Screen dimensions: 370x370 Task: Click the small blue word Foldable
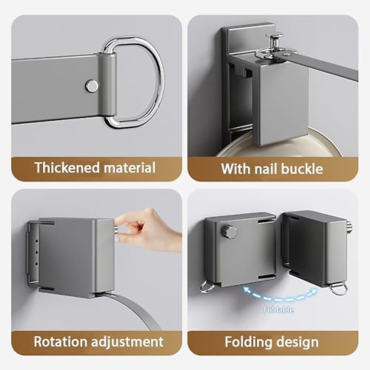point(278,310)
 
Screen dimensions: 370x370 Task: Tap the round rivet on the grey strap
point(92,86)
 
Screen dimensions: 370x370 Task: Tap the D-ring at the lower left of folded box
point(208,287)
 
